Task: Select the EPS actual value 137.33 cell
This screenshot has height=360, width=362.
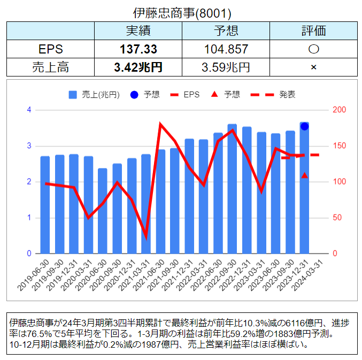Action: point(138,49)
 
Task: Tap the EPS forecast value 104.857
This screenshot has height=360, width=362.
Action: point(226,49)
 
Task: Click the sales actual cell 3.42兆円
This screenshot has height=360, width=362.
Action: point(138,67)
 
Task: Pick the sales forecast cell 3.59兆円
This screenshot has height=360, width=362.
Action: point(226,67)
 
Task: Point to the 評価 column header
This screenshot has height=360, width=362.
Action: point(313,31)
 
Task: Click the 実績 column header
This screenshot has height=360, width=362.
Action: point(138,31)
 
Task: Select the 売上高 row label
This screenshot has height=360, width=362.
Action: point(51,67)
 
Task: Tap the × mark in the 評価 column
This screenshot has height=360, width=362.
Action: point(313,67)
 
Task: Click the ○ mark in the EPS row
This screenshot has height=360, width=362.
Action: point(313,49)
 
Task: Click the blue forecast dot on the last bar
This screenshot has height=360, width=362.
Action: point(304,126)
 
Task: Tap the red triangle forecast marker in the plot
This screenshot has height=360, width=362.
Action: point(304,175)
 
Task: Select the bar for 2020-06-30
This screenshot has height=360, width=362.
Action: point(103,211)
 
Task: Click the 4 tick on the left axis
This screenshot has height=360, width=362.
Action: point(29,110)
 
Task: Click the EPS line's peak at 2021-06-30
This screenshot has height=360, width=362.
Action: point(160,125)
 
